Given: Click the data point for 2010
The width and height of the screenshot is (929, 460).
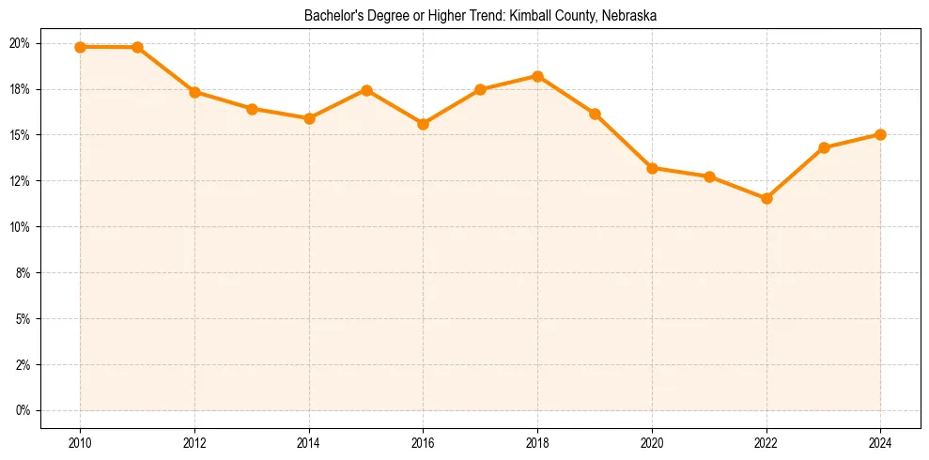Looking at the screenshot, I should coord(80,47).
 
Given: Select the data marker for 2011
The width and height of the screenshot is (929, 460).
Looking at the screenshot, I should coord(137,47).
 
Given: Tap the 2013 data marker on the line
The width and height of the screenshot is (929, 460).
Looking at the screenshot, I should coord(252,109).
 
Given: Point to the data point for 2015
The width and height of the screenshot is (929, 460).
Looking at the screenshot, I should coord(366,90).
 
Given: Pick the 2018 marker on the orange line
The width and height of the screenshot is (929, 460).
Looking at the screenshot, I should coord(537,76).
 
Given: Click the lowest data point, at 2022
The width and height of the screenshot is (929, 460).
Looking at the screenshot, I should coord(766,198).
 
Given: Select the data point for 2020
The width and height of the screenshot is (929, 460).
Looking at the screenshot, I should coord(652,168).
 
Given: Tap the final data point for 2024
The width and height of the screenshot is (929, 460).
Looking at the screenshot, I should coord(880,134).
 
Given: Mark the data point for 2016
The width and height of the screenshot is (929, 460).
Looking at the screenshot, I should coord(423,124).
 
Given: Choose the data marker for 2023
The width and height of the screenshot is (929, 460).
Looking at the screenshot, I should coord(824,147).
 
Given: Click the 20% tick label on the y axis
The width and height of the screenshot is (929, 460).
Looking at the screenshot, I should coord(20,43).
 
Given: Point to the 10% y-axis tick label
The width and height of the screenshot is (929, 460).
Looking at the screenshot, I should coord(20,227).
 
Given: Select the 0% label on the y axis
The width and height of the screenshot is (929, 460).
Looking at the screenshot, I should coord(23,410).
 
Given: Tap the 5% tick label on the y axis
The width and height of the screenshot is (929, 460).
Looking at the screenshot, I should coord(23,319).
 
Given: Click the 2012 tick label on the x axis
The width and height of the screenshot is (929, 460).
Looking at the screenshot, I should coord(194,444).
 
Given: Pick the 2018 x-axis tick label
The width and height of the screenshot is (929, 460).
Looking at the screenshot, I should coord(537,444).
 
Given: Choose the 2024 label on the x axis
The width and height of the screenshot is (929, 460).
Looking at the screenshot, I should coord(880,444).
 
